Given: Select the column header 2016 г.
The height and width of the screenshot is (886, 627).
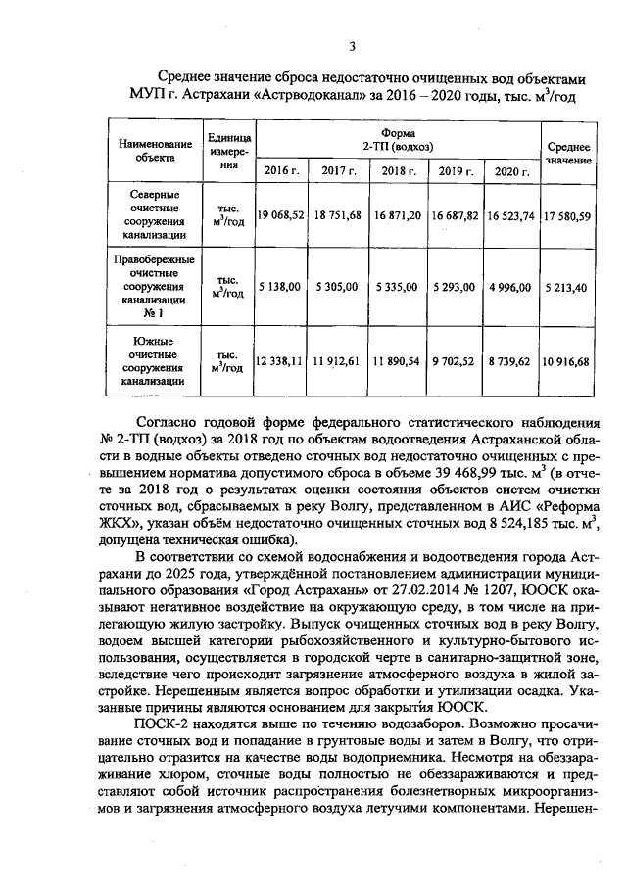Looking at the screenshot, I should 280,171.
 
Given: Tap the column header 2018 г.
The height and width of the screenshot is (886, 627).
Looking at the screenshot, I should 398,171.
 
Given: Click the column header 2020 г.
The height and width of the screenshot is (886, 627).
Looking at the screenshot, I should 511,171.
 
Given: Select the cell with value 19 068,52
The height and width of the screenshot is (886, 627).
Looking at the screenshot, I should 280,215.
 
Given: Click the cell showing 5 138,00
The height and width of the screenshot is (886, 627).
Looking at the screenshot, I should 280,288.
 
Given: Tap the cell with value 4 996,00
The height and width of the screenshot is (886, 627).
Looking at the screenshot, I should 511,288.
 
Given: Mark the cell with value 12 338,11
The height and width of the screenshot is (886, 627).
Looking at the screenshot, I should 280,361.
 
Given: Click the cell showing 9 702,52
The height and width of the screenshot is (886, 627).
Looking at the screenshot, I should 456,361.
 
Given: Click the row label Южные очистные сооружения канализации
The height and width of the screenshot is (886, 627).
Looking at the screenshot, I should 156,361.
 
